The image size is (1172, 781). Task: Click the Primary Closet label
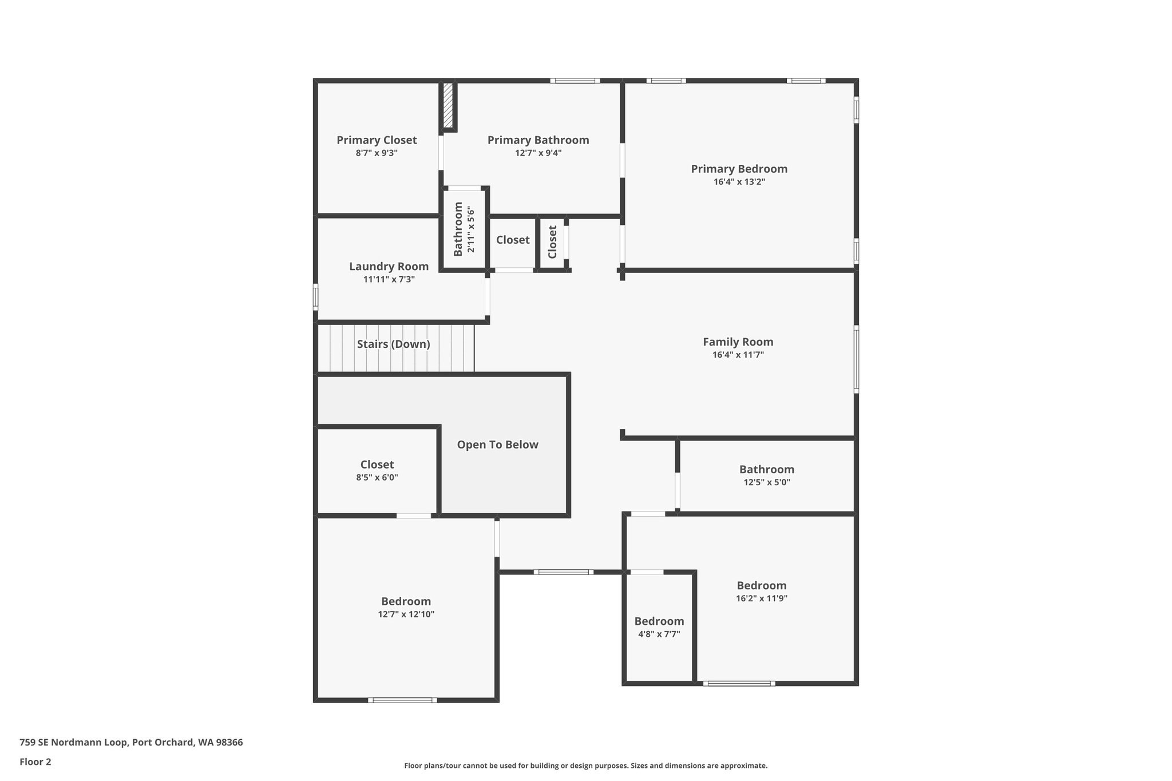(377, 140)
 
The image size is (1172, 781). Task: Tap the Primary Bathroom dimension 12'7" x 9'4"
(538, 153)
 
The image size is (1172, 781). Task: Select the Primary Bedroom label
(739, 169)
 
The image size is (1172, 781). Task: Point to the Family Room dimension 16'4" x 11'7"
(738, 355)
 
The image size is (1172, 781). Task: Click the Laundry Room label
(389, 267)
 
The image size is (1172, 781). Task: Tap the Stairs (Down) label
(393, 344)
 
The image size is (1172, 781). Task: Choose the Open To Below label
(497, 445)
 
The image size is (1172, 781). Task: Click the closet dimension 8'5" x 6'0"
(377, 477)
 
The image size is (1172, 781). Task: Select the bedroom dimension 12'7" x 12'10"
(406, 615)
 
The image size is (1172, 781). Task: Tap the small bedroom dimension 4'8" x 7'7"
(659, 634)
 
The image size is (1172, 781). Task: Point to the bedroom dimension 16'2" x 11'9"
(761, 598)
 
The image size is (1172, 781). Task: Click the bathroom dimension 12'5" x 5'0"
(766, 482)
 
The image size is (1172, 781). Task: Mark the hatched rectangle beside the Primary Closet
(448, 106)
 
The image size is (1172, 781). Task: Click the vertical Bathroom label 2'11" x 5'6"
(464, 229)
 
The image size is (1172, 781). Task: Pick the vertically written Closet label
(552, 242)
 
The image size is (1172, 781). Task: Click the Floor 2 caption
(35, 762)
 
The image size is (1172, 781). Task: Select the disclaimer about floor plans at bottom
(585, 766)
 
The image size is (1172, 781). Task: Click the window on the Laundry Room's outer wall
(315, 298)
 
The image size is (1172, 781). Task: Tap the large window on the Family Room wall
(856, 359)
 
